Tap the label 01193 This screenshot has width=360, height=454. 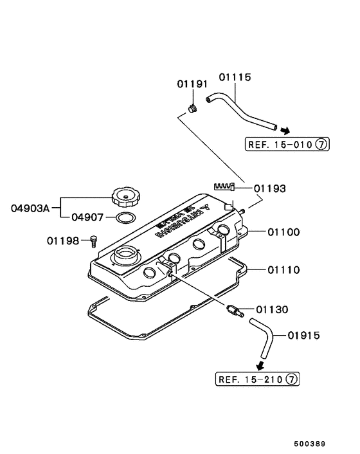click(x=269, y=189)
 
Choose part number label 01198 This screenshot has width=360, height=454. click(x=62, y=241)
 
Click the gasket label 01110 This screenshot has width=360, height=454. click(x=283, y=270)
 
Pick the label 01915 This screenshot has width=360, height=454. click(x=304, y=335)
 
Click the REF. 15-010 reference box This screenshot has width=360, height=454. click(x=285, y=144)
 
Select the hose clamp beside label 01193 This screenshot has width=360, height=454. click(x=222, y=186)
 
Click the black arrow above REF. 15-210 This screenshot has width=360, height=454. click(x=261, y=367)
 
